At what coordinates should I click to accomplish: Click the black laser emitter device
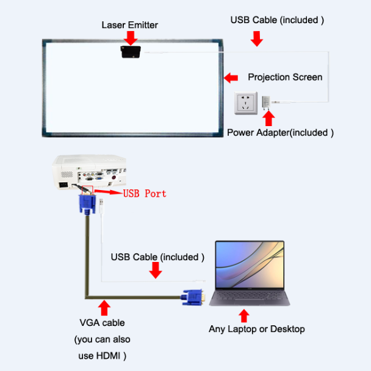tap(131, 52)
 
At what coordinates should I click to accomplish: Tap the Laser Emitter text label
tap(129, 25)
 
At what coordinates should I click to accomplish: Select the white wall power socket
tap(247, 104)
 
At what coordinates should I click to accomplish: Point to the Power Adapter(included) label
tap(280, 132)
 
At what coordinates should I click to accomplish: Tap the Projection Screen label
tap(285, 77)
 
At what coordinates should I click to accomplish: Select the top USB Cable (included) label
tap(277, 19)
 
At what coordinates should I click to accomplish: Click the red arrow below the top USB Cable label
tap(257, 38)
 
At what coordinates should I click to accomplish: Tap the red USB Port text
tap(145, 194)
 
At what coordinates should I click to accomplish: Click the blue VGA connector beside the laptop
tap(194, 297)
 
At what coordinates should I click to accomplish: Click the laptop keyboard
tap(250, 297)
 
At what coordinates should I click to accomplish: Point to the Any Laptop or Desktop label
tap(256, 329)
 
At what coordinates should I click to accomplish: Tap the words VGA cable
tap(102, 323)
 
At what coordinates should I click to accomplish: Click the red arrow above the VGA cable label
tap(104, 306)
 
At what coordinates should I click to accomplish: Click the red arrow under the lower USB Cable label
tap(156, 270)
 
